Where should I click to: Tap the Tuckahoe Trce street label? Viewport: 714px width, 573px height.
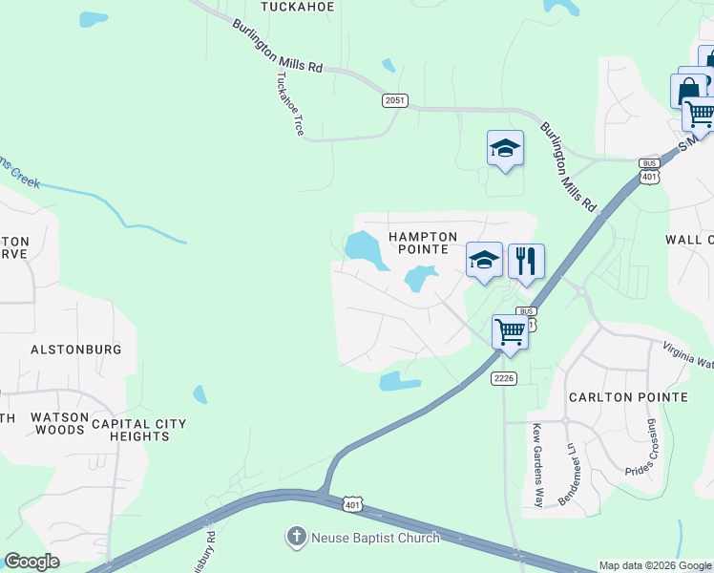click(290, 104)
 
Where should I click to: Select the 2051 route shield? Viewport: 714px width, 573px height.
click(396, 99)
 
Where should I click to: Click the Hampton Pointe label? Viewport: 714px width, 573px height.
click(423, 243)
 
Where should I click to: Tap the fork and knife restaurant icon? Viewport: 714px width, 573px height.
click(526, 260)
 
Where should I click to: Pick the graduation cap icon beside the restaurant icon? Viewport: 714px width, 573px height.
click(484, 260)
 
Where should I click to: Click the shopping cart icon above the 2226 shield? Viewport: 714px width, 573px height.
click(510, 332)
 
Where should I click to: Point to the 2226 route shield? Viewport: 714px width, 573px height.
click(504, 379)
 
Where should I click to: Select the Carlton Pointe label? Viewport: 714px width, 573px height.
click(628, 397)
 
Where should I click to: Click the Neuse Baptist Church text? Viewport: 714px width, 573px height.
click(375, 538)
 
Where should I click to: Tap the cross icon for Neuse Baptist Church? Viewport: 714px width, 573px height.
click(297, 538)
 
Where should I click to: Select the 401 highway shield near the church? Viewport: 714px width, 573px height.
click(352, 504)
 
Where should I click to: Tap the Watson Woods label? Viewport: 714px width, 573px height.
click(60, 424)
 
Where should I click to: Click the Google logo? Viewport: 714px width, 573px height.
click(32, 562)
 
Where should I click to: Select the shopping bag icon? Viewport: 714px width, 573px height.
click(687, 92)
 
